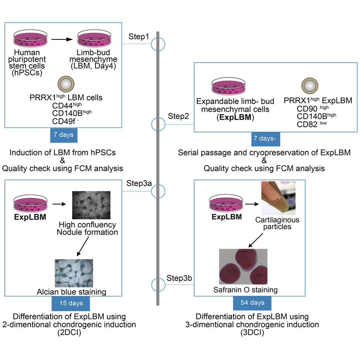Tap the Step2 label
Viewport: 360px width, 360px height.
pyautogui.click(x=178, y=116)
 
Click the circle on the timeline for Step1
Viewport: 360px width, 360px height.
pyautogui.click(x=158, y=44)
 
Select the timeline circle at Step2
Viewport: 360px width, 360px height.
pyautogui.click(x=158, y=124)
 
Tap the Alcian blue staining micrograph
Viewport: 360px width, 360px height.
pyautogui.click(x=74, y=273)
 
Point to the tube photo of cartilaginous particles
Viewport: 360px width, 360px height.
pyautogui.click(x=278, y=198)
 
